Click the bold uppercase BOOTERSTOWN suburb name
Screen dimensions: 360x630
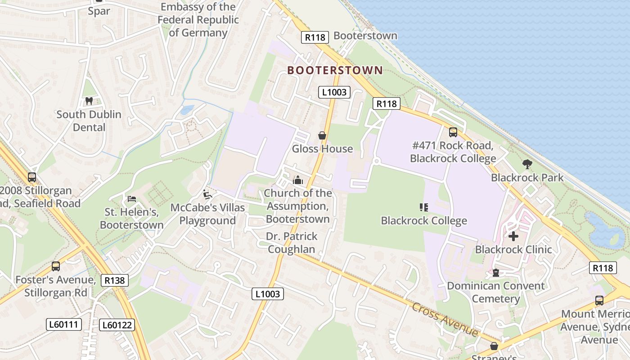[x=335, y=70]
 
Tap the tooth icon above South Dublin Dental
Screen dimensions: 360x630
[x=89, y=101]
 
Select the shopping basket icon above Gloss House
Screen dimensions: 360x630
[x=322, y=135]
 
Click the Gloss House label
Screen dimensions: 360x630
[x=322, y=148]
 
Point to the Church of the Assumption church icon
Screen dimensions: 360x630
[x=298, y=180]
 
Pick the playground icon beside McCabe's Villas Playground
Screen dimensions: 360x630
[x=207, y=194]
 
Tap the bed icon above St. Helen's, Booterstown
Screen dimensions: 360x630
[x=132, y=198]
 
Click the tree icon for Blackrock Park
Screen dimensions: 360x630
[x=527, y=164]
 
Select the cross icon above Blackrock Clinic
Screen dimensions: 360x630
[x=513, y=236]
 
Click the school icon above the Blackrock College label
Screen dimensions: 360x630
[x=423, y=207]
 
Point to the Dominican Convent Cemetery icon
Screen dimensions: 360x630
[x=495, y=273]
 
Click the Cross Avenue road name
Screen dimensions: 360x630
[x=445, y=320]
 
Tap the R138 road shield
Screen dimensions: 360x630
[x=114, y=280]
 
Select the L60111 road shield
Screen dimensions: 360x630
[x=64, y=324]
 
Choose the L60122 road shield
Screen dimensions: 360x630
[x=117, y=324]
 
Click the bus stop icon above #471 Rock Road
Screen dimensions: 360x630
[x=453, y=132]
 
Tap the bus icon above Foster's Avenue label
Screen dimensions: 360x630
[x=56, y=266]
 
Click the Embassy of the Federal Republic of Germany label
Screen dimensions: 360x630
[x=198, y=20]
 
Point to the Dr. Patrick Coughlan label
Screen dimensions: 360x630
[x=292, y=243]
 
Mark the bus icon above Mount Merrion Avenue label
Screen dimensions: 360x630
[x=599, y=301]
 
